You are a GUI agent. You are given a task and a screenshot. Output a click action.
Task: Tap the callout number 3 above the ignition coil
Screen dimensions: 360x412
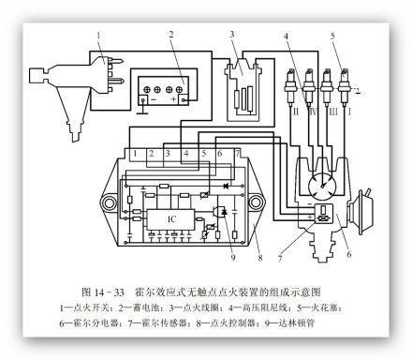pos(232,34)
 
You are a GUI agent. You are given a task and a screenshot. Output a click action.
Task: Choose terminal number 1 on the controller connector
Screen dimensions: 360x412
pos(136,152)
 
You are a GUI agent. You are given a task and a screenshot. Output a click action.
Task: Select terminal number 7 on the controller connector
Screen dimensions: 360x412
pos(238,152)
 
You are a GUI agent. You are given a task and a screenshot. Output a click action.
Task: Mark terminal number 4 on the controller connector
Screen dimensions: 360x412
pos(186,152)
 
